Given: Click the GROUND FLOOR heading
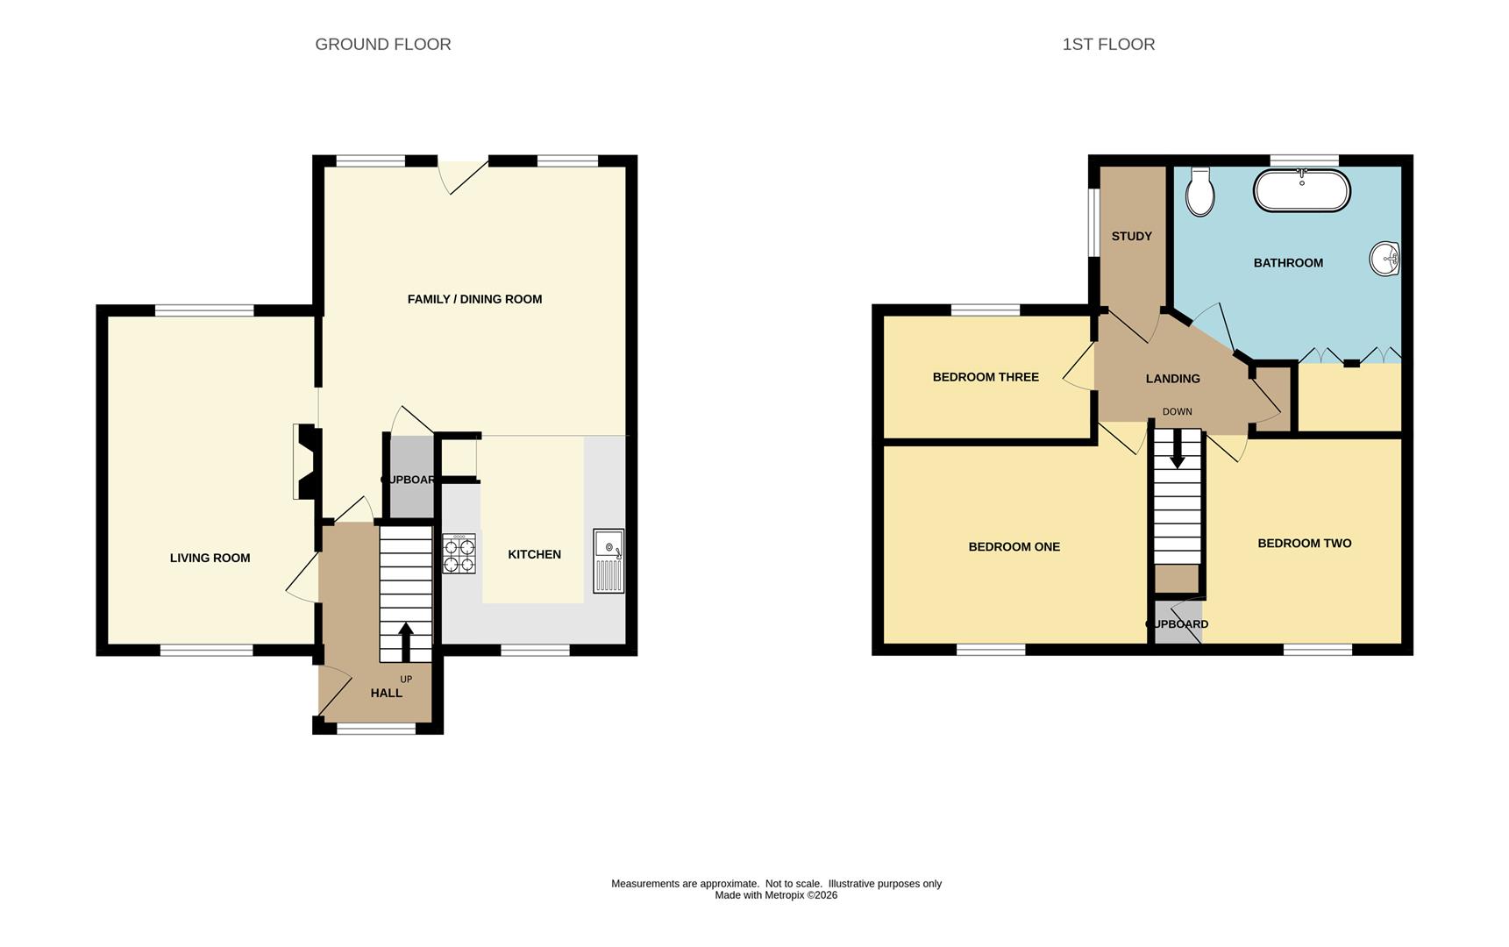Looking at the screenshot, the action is (383, 44).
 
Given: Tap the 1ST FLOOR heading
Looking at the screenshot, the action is (1108, 44).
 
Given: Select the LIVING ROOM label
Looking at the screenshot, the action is (210, 558).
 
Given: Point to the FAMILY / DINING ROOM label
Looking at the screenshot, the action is (474, 299).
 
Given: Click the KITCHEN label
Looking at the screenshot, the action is (534, 554).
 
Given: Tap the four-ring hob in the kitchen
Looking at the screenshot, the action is (459, 553).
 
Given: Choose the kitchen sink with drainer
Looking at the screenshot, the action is (609, 560).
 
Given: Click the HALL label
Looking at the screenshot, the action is (386, 693).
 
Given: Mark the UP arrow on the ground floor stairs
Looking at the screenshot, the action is (406, 642).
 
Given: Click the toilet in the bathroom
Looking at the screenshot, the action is (1200, 192).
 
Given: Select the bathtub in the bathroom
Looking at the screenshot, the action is (1302, 190).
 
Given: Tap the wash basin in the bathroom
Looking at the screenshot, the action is (1384, 259).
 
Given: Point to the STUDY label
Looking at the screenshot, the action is (1131, 236).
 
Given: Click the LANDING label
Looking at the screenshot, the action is (1172, 379).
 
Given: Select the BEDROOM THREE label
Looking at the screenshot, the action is (986, 377).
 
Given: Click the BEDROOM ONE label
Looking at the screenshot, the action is (1014, 546).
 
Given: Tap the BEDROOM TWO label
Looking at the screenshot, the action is (1304, 543).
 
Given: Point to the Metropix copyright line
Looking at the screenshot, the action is (776, 895).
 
